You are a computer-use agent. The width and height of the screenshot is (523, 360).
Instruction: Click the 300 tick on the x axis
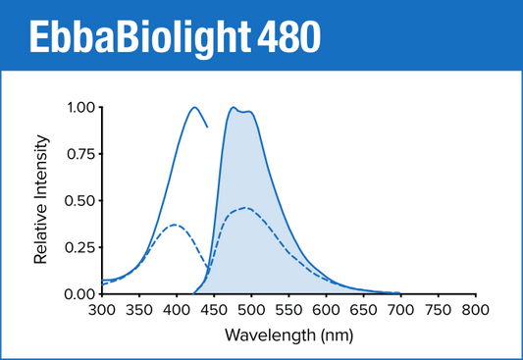pos(101,310)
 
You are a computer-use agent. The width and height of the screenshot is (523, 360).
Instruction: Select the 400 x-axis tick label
pos(176,310)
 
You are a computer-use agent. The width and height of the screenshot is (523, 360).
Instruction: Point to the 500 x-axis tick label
pos(250,310)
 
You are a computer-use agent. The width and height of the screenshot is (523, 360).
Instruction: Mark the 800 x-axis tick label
pos(475,310)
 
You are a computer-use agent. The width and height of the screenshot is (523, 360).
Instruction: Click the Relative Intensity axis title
pos(41,201)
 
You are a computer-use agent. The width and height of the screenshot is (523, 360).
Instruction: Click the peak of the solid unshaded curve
pos(194,108)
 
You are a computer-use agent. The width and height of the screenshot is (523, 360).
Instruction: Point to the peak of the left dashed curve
pos(175,225)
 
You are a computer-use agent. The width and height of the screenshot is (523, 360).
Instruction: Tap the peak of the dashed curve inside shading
pos(245,208)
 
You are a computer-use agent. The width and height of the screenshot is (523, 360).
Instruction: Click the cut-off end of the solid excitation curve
pos(207,127)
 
